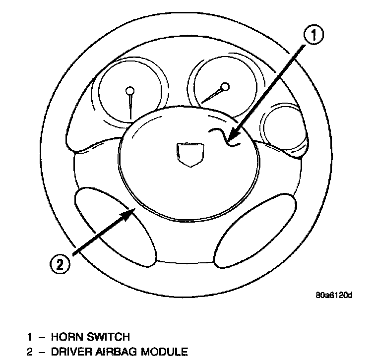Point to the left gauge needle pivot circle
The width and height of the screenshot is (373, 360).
pyautogui.click(x=130, y=91)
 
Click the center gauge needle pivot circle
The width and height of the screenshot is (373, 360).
pyautogui.click(x=226, y=87)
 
